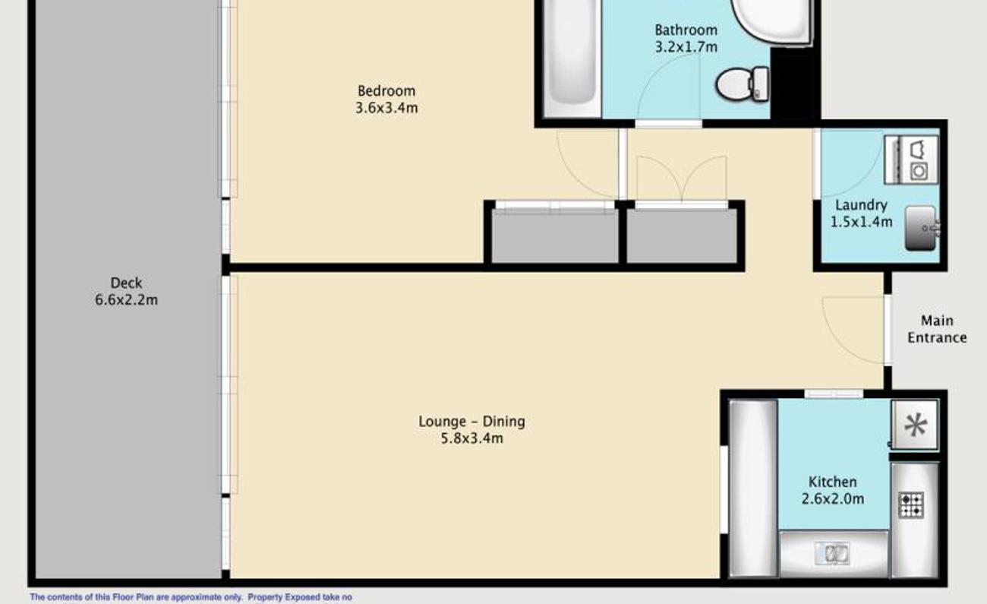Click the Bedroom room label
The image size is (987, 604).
click(x=386, y=91)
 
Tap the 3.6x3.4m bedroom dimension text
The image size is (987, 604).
click(x=386, y=108)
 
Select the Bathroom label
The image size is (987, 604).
click(x=686, y=30)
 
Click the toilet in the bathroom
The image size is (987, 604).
click(x=743, y=84)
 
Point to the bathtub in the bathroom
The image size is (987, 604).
click(x=572, y=59)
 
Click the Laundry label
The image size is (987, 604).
click(x=861, y=205)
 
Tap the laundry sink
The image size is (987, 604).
click(x=922, y=229)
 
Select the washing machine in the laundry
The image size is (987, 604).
click(x=911, y=160)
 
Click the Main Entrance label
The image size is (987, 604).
click(x=937, y=329)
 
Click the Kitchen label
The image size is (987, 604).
click(x=832, y=482)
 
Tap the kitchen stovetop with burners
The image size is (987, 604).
click(x=911, y=505)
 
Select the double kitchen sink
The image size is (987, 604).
click(x=832, y=553)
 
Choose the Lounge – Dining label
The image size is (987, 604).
click(x=471, y=422)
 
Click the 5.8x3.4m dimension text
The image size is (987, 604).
click(x=472, y=438)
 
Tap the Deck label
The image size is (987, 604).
click(x=126, y=283)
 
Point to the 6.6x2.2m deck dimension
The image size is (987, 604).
click(x=127, y=300)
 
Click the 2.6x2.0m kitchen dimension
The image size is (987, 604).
click(x=832, y=499)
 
